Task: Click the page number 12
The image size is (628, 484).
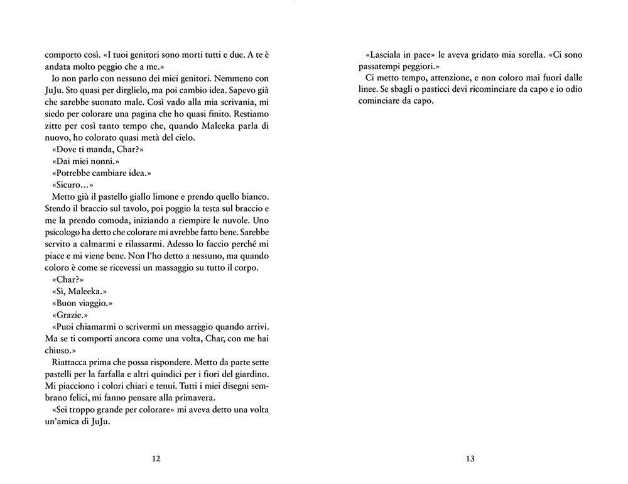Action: point(157,458)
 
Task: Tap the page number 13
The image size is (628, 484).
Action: point(470,458)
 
